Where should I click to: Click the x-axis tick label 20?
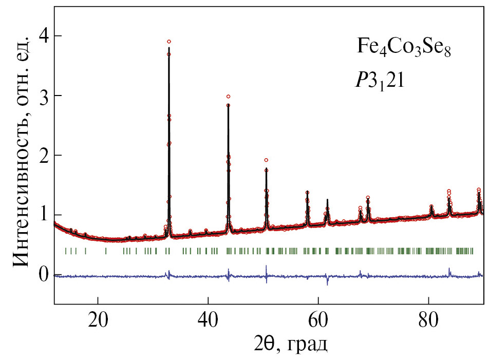coord(98,318)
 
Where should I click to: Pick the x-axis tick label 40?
coord(208,318)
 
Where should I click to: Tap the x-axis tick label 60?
coord(318,318)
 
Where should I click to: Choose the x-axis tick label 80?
coord(428,318)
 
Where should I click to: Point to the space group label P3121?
coord(381,82)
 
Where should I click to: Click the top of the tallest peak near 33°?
coord(169,48)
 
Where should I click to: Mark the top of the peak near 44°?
coord(228,104)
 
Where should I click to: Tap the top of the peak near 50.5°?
coord(266,169)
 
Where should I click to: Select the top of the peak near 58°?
coord(307,192)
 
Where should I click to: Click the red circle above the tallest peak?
coord(169,42)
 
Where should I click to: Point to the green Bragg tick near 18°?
coord(85,251)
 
